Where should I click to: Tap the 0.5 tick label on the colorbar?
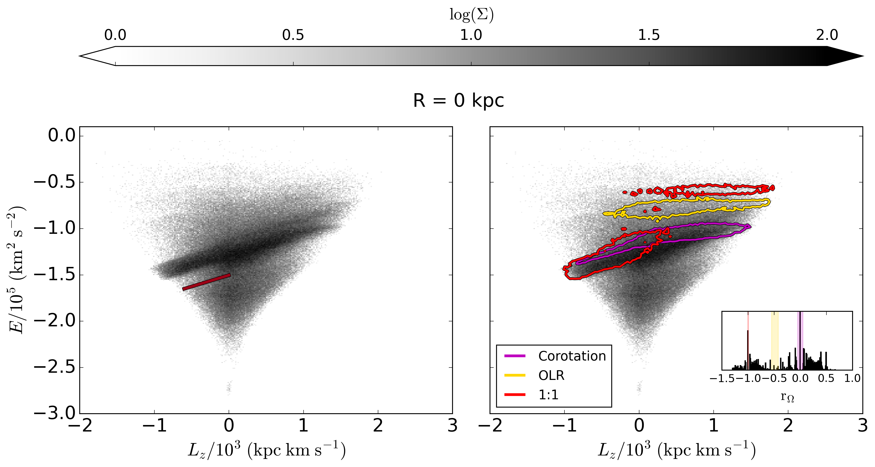pos(293,35)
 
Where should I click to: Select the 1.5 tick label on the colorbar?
pos(649,35)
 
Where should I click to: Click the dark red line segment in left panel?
pos(206,282)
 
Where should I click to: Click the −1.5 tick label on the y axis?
pos(54,275)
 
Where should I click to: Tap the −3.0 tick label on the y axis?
pos(54,413)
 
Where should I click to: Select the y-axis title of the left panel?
pos(16,270)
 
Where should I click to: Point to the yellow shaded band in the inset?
pos(775,340)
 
